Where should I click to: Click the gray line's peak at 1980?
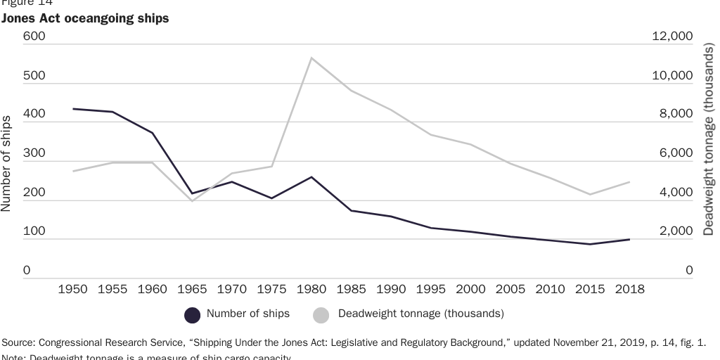pos(311,58)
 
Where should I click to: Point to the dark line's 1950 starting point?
pos(73,109)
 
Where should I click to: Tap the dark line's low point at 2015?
pos(590,244)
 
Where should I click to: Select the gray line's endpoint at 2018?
pos(629,181)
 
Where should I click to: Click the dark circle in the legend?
pos(193,314)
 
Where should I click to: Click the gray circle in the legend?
pos(321,314)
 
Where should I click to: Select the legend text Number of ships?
pos(247,314)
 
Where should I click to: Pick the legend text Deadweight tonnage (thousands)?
pos(420,314)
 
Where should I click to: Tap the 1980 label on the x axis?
pos(311,289)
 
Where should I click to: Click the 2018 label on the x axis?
pos(629,289)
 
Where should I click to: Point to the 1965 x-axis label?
pos(192,289)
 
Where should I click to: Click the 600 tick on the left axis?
pos(34,37)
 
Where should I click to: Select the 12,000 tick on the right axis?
pos(672,37)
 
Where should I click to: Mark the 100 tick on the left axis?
pos(34,231)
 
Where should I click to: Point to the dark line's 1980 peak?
pos(311,177)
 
